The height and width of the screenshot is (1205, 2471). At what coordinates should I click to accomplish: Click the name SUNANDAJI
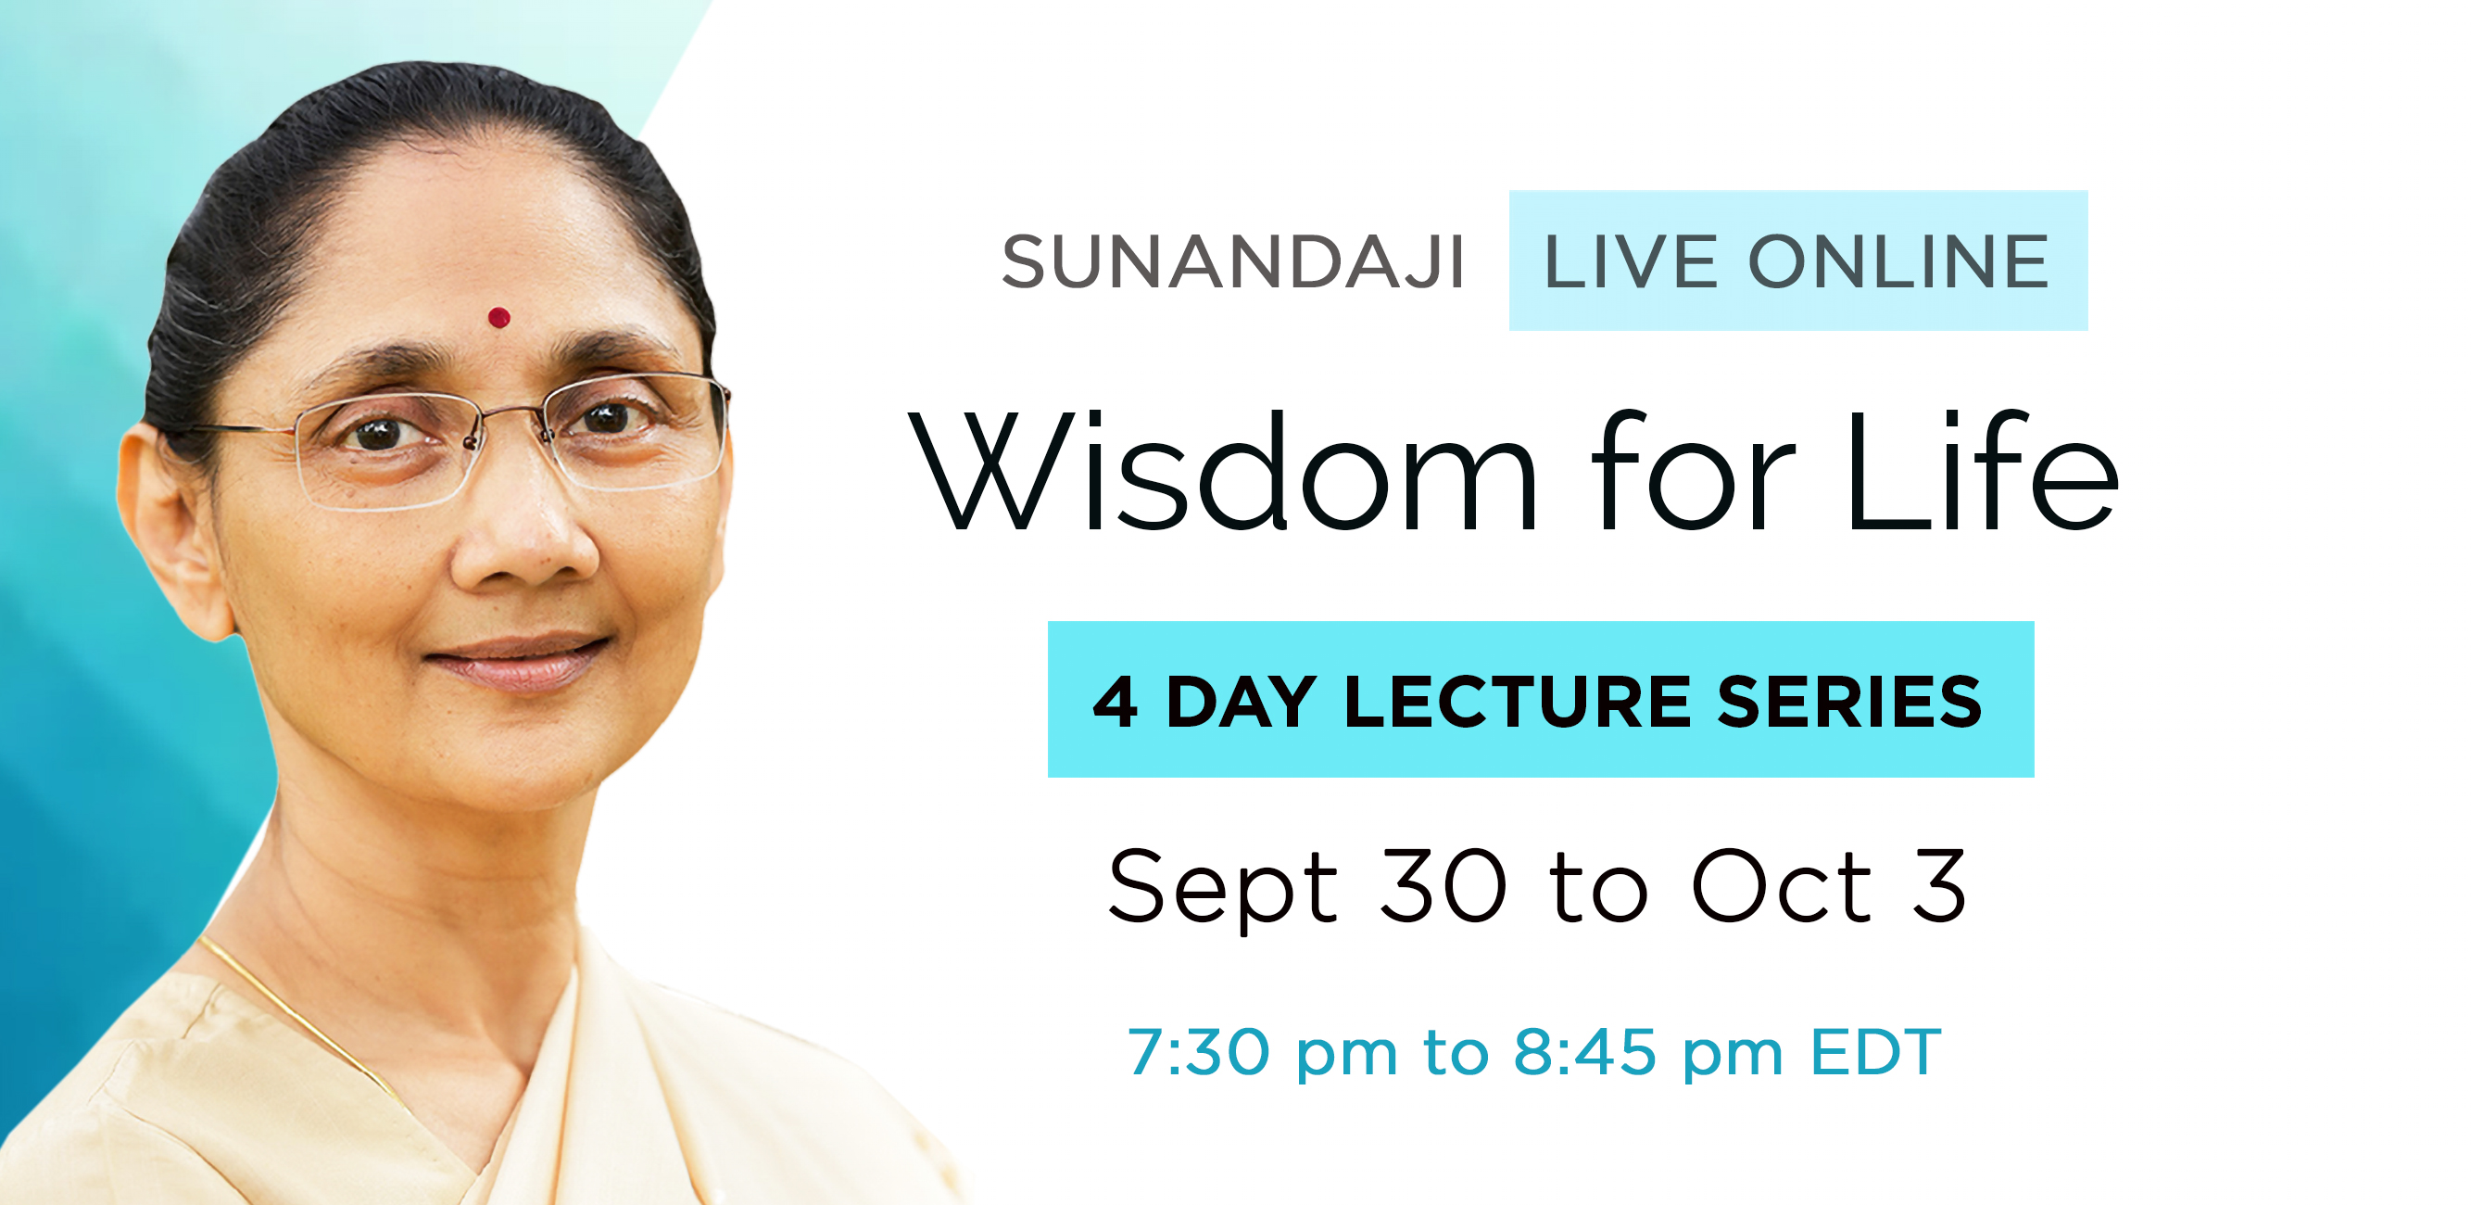[x=1232, y=261]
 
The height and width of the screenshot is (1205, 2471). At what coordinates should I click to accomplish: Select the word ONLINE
[x=1899, y=261]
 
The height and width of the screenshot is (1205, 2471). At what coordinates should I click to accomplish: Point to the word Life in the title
[x=1982, y=470]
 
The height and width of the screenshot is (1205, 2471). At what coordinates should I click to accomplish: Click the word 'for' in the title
[x=1690, y=470]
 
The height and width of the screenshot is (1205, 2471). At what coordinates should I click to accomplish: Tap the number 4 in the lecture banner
[x=1116, y=702]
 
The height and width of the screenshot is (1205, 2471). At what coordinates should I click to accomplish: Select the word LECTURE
[x=1517, y=702]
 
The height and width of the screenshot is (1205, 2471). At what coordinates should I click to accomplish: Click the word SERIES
[x=1849, y=702]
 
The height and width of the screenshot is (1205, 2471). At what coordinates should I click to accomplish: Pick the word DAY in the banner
[x=1241, y=702]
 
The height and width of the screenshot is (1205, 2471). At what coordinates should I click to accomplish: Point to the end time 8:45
[x=1584, y=1051]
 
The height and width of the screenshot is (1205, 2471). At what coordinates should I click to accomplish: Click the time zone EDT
[x=1875, y=1051]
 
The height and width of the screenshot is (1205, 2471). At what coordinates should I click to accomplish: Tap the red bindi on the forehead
[x=498, y=317]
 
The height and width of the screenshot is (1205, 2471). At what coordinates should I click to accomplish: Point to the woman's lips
[x=518, y=661]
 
